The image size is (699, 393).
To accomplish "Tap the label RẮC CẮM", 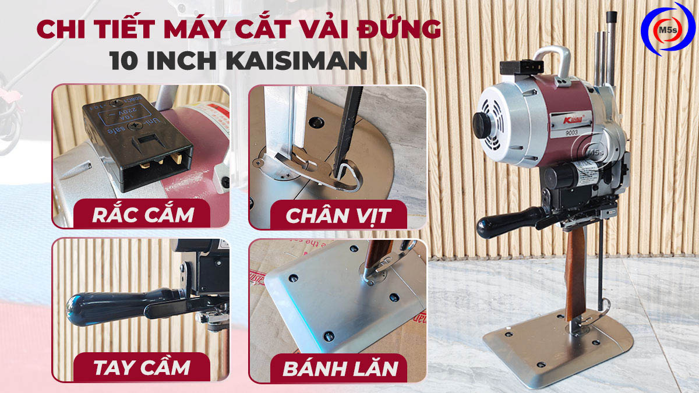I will [143, 214].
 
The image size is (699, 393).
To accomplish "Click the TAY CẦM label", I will [142, 367].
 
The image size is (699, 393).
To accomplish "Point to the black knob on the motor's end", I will [483, 124].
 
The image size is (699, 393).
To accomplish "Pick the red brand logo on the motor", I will [555, 120].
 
